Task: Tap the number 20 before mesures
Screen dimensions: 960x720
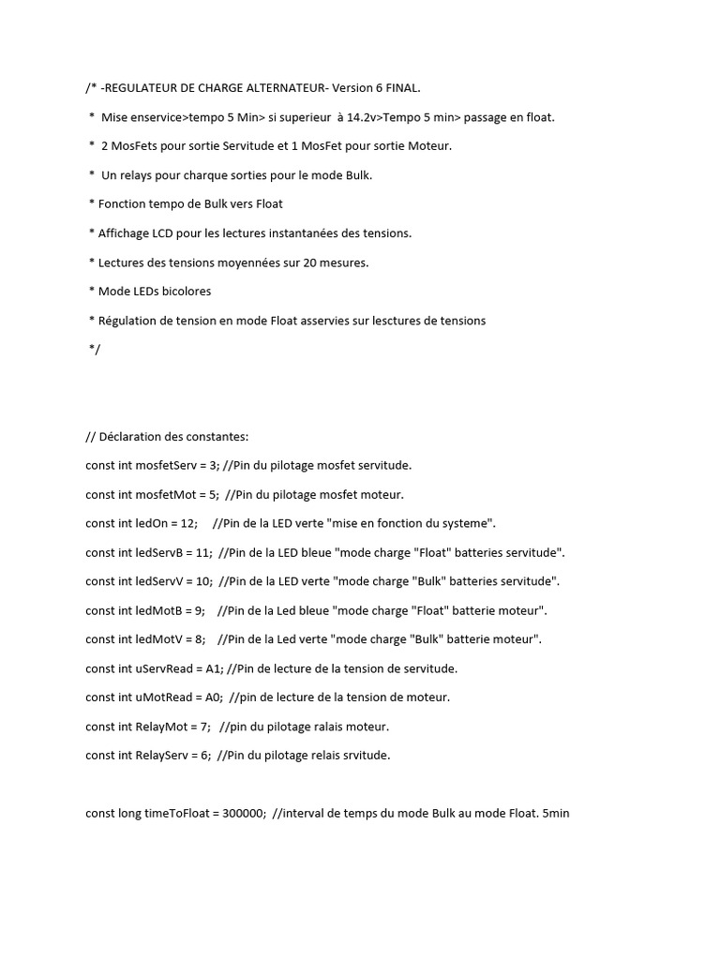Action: point(311,262)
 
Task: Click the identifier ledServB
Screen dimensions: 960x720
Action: point(157,553)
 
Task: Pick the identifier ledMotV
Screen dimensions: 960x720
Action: point(157,640)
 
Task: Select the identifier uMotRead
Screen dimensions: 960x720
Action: point(165,698)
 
